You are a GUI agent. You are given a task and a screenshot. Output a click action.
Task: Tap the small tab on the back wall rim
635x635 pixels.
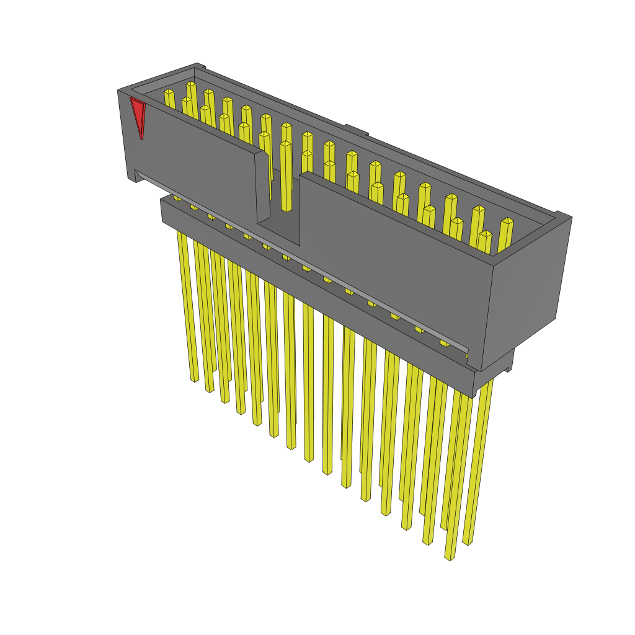click(x=357, y=130)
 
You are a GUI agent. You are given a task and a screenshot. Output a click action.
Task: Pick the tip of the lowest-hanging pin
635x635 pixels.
click(x=450, y=557)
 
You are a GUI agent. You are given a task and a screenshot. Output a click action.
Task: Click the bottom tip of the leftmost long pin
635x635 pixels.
click(x=194, y=378)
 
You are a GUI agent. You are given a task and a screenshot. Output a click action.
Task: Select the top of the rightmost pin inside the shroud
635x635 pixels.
click(x=507, y=221)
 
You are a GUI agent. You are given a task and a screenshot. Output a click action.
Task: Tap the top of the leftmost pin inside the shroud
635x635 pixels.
click(x=169, y=92)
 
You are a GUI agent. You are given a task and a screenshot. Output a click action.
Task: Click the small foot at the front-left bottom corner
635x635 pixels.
click(x=131, y=177)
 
